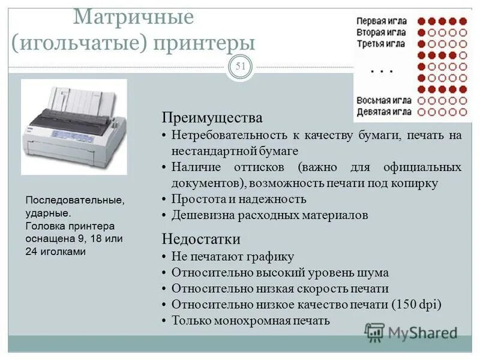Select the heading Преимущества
212,117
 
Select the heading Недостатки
201,239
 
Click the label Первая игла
381,20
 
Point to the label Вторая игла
381,32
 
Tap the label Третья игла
381,44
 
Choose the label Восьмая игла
384,100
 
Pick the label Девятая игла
384,112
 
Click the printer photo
74,127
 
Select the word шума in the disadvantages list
373,272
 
